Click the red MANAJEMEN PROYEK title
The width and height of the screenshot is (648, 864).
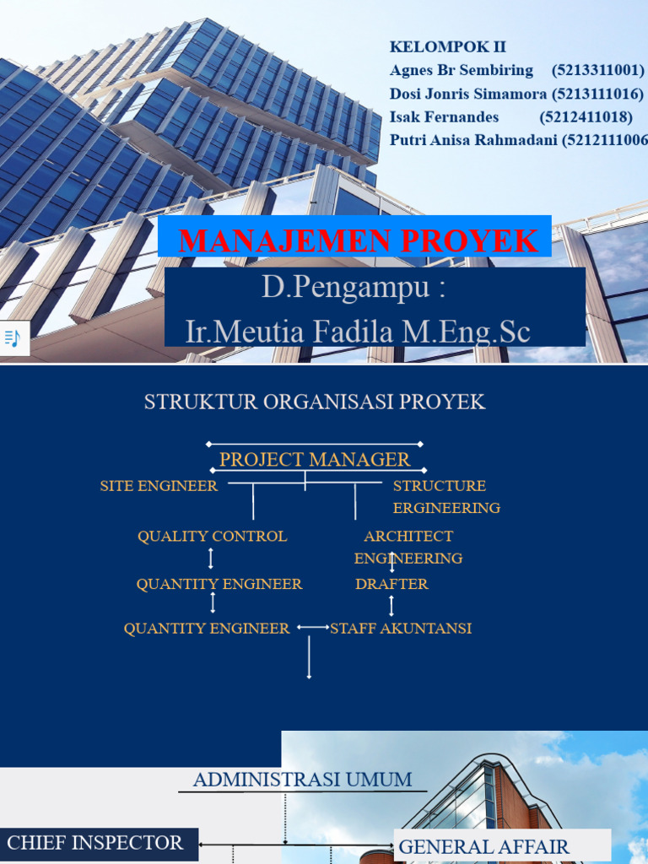(x=358, y=240)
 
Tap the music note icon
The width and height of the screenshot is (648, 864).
(x=13, y=338)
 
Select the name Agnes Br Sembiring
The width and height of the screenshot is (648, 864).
(x=462, y=70)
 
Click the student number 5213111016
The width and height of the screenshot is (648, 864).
(x=597, y=94)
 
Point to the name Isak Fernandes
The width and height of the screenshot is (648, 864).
(x=444, y=116)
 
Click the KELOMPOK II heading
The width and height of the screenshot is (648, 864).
(x=447, y=46)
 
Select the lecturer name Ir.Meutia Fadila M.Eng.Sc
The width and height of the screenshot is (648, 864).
(x=358, y=332)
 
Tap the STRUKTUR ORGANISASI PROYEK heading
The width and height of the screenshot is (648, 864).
(x=315, y=402)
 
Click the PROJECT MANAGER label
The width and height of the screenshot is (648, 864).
(x=315, y=460)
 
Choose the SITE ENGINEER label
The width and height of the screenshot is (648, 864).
(x=159, y=486)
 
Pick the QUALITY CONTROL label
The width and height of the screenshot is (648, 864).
(x=212, y=536)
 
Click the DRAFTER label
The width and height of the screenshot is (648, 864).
(x=391, y=584)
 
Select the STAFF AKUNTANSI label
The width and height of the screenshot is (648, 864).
(x=401, y=629)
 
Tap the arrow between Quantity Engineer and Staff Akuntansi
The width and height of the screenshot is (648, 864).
(x=313, y=628)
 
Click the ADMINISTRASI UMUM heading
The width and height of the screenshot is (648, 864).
(x=302, y=780)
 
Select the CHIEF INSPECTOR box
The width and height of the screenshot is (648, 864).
(x=95, y=843)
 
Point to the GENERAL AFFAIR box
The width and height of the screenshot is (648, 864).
(x=483, y=846)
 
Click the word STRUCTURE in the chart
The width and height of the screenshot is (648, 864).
(x=439, y=486)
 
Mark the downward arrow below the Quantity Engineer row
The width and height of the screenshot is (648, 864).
(x=310, y=657)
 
